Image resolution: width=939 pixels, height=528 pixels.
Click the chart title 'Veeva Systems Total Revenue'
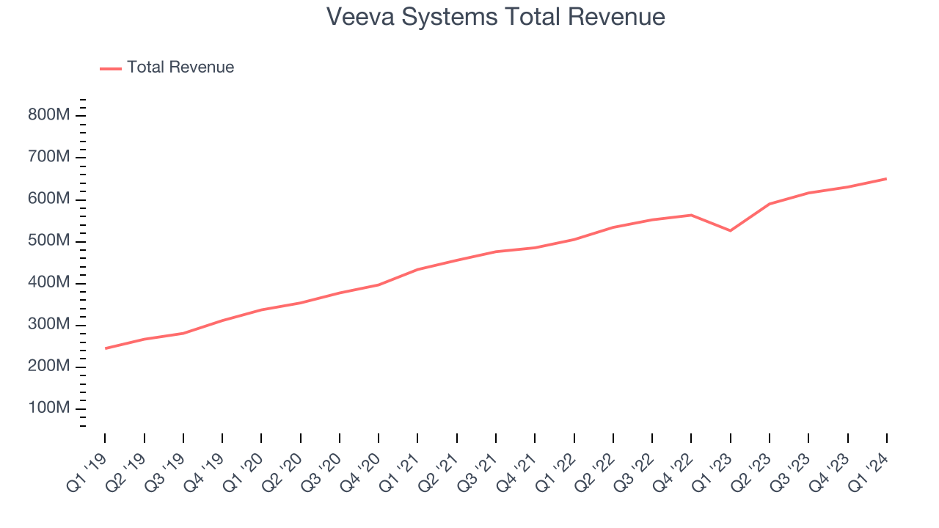coord(495,17)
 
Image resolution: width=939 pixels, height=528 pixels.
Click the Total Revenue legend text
coord(180,67)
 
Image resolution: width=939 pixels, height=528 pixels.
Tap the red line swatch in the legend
coord(111,68)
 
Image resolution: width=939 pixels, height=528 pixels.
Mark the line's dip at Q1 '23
coord(730,231)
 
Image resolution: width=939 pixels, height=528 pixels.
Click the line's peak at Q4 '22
coord(691,215)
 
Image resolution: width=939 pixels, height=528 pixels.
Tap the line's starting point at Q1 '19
coord(105,348)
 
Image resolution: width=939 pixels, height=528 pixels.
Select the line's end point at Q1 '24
coord(886,179)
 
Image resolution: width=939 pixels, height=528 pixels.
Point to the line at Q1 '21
coord(417,269)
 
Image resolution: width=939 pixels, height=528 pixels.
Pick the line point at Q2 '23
coord(770,204)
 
